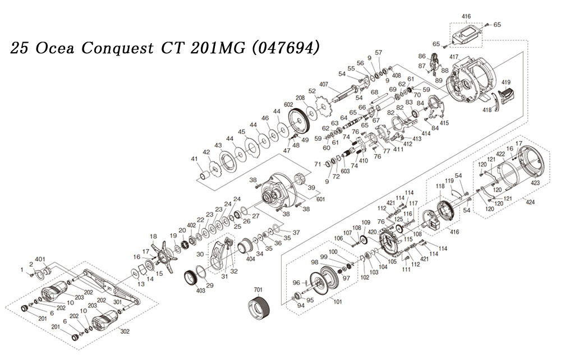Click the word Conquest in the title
click(118, 48)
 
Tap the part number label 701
click(258, 289)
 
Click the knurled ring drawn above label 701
click(259, 309)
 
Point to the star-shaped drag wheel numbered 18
click(164, 256)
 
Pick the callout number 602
click(288, 104)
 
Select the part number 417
click(454, 57)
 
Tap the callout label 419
click(506, 82)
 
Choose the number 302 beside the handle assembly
click(125, 331)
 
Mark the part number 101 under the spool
click(337, 301)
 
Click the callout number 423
click(535, 183)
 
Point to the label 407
click(324, 85)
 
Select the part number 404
click(250, 259)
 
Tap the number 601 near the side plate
click(320, 199)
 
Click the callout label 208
click(300, 98)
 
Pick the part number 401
click(40, 259)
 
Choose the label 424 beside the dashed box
click(530, 202)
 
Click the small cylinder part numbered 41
click(204, 176)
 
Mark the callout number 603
click(345, 171)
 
